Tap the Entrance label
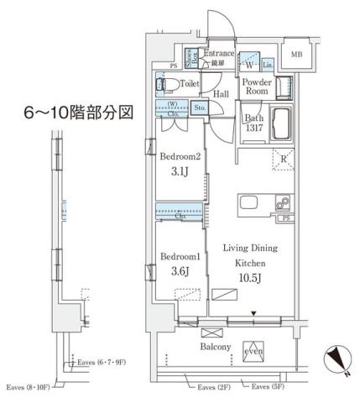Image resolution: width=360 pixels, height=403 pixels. click(220, 52)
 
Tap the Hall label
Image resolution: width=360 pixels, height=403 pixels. click(221, 96)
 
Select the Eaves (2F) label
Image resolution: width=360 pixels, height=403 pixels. click(215, 386)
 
